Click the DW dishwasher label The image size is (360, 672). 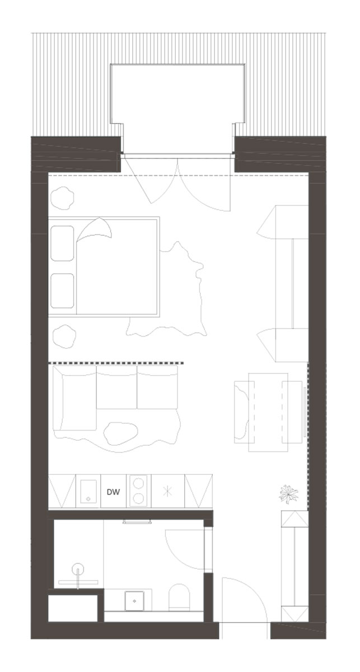point(114,492)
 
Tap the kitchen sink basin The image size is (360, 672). point(88,492)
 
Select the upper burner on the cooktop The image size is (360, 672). point(138,484)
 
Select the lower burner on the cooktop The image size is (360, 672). point(138,498)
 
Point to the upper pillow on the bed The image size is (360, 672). point(62,243)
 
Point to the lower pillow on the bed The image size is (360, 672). point(62,291)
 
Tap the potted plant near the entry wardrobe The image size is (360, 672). point(288,494)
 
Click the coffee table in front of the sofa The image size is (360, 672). point(120,433)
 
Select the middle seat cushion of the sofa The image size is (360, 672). point(116,387)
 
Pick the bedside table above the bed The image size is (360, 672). point(62,198)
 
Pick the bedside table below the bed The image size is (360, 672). point(64,337)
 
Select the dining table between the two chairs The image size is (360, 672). point(268,412)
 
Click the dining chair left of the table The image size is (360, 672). point(244,412)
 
